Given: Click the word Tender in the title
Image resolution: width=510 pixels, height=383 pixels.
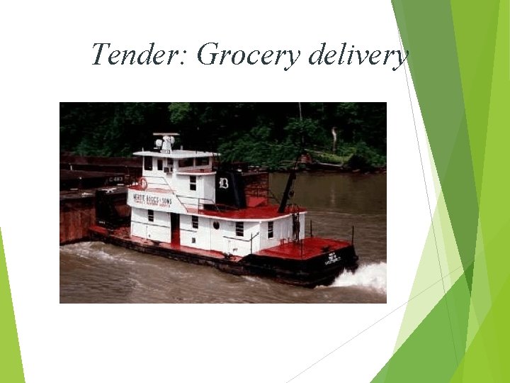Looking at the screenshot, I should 135,55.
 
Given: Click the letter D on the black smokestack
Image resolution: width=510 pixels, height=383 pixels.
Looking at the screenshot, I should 224,182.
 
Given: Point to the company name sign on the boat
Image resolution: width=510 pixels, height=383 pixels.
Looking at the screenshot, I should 152,199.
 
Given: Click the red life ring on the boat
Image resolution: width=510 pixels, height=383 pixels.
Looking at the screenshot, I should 142,184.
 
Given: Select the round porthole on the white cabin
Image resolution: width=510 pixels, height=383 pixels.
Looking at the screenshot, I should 216,226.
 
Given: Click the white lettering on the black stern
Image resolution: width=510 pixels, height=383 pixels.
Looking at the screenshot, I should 333,258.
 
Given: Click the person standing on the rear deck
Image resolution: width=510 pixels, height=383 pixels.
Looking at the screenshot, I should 295,226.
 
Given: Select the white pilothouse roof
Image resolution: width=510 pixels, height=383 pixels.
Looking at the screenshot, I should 176,154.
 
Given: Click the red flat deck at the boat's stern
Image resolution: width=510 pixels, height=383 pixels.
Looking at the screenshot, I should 312,248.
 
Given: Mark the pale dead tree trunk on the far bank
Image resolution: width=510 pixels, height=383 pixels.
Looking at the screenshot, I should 334,138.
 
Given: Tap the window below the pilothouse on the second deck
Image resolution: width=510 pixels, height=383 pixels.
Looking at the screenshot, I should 193,182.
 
